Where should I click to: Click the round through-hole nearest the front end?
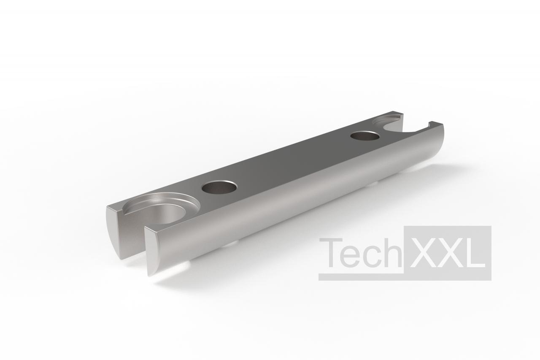click(x=219, y=187)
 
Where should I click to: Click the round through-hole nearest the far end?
click(x=365, y=136)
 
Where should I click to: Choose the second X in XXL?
click(x=450, y=253)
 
